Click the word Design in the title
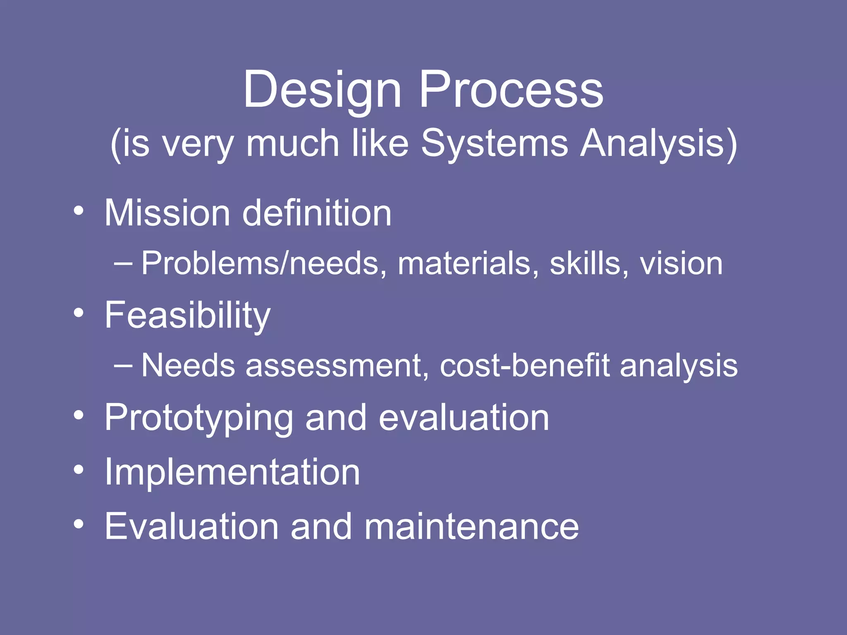coord(322,90)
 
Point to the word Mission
coord(167,213)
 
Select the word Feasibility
coord(187,316)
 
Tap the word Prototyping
coord(199,418)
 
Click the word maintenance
coord(471,526)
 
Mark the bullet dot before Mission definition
coord(79,211)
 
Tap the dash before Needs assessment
coord(123,365)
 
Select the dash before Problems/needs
coord(123,263)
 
